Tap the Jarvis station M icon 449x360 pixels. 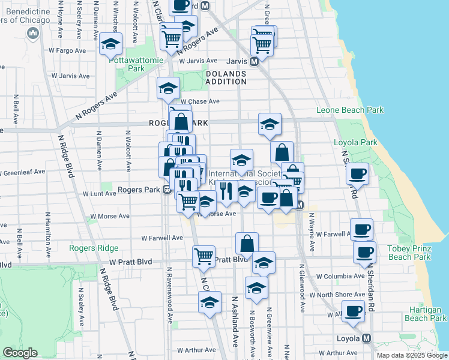tap(254, 61)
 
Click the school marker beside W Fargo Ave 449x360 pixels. tap(110, 44)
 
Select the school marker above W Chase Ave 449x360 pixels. tap(168, 89)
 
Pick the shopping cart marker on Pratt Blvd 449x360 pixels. tap(203, 256)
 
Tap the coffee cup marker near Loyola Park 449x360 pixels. tap(357, 173)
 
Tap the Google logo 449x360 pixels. tap(20, 353)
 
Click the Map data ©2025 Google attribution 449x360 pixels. tap(411, 355)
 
